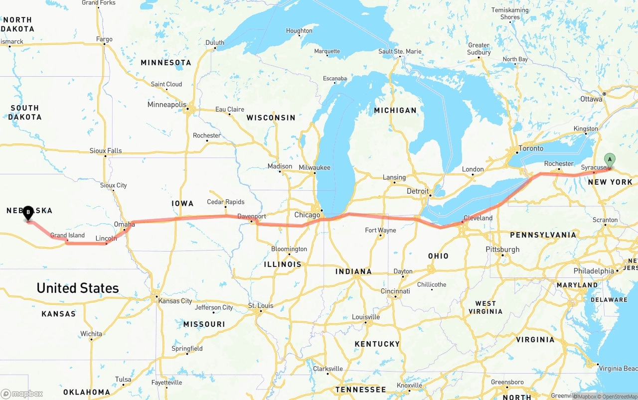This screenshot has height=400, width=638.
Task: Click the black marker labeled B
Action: tap(28, 213)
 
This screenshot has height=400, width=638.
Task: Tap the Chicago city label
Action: tap(307, 215)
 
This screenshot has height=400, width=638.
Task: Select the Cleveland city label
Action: tap(478, 218)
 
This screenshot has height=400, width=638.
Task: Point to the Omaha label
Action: tap(124, 225)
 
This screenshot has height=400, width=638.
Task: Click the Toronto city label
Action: tap(531, 148)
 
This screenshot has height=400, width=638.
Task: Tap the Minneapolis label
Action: tap(166, 105)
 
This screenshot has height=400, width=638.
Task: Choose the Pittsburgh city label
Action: tap(502, 250)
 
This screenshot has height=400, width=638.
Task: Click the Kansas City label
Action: tap(175, 301)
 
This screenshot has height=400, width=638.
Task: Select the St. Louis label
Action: tap(261, 305)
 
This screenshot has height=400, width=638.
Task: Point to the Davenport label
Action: tap(252, 216)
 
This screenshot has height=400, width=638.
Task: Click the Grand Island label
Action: tap(67, 235)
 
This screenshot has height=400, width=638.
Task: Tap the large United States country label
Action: tap(78, 288)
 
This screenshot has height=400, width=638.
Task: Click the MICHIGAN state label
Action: tap(395, 110)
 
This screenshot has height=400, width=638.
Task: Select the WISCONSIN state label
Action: tap(271, 118)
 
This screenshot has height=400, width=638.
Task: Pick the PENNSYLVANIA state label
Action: tap(543, 235)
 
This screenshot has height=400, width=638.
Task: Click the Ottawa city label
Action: tap(591, 99)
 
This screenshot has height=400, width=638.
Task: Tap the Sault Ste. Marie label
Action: tap(400, 51)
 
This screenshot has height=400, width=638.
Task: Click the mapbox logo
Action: tap(22, 394)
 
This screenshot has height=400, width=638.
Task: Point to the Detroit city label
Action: tap(417, 191)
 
